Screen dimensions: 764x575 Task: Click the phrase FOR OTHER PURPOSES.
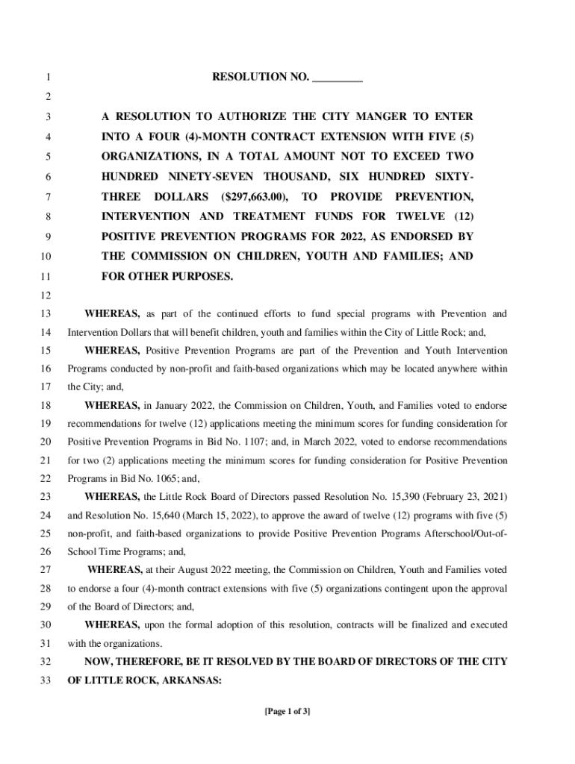point(167,277)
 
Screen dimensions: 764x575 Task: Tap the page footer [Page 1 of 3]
point(287,712)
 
